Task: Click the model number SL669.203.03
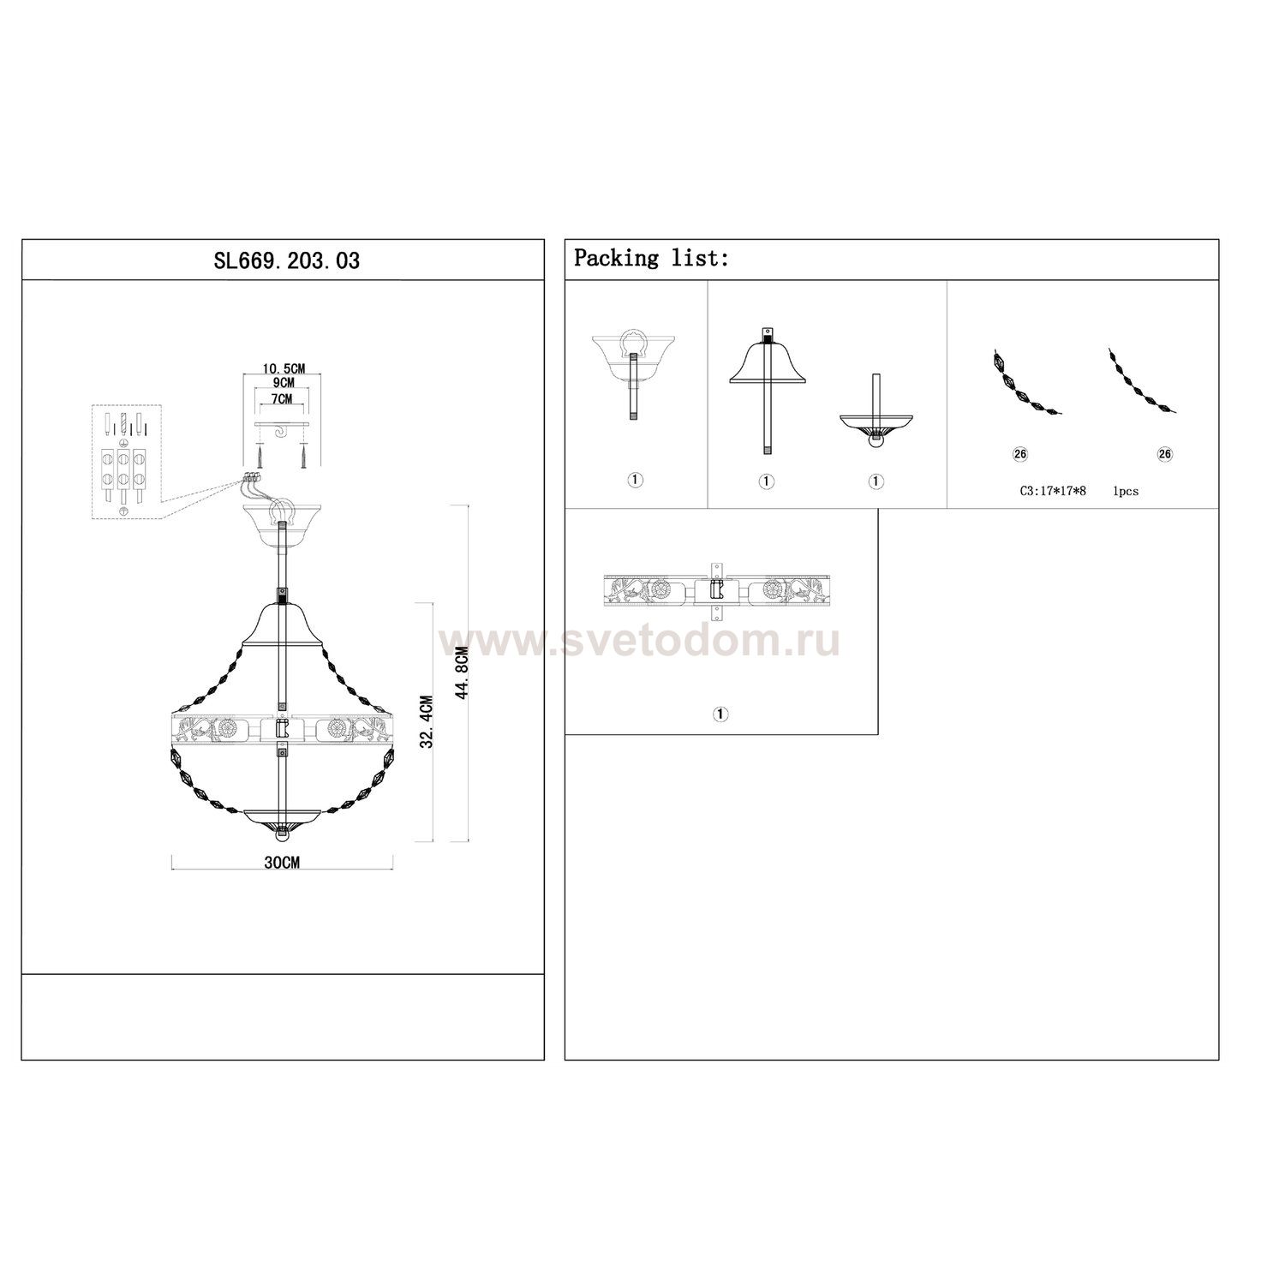pyautogui.click(x=286, y=260)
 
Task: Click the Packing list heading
pyautogui.click(x=651, y=258)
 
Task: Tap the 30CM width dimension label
pyautogui.click(x=283, y=863)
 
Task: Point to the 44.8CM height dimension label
pyautogui.click(x=463, y=672)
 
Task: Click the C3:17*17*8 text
pyautogui.click(x=1052, y=492)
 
